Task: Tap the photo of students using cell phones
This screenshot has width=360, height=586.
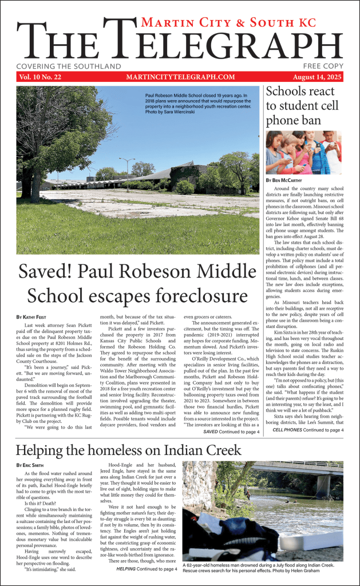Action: coord(304,152)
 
